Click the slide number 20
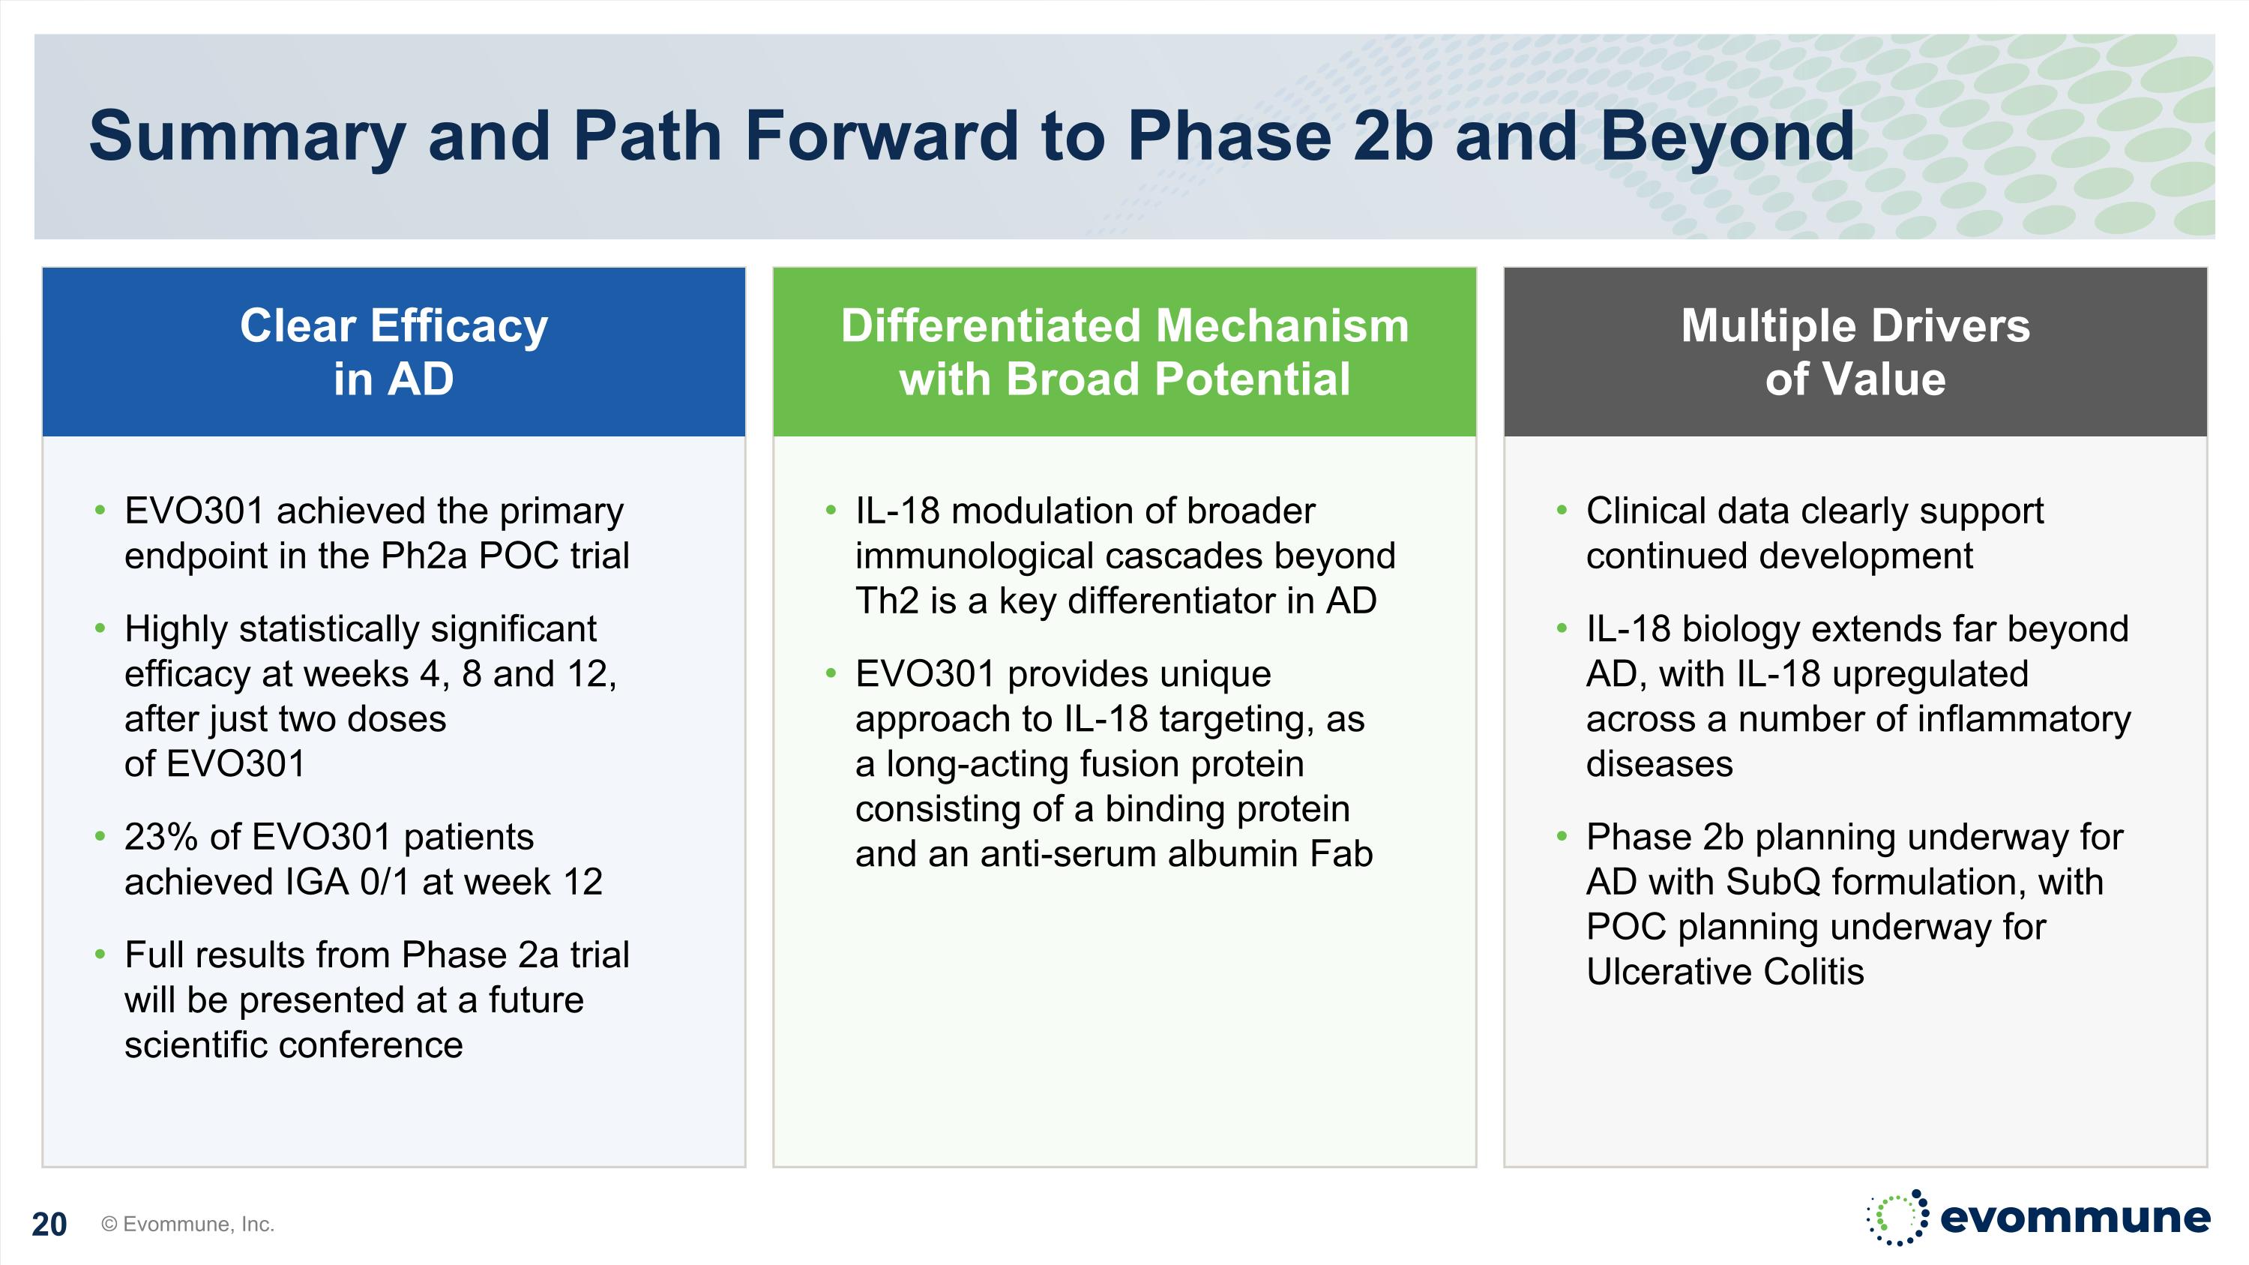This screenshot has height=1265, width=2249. tap(49, 1224)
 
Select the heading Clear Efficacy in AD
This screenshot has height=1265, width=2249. tap(394, 352)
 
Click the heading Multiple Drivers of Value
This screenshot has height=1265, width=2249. tap(1855, 352)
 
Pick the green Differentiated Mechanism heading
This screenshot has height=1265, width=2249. tap(1124, 352)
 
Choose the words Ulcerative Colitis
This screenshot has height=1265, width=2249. tap(1724, 972)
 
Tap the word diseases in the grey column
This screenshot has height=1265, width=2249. tap(1659, 764)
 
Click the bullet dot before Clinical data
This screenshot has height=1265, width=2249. tap(1562, 510)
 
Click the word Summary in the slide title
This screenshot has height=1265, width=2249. tap(247, 137)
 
